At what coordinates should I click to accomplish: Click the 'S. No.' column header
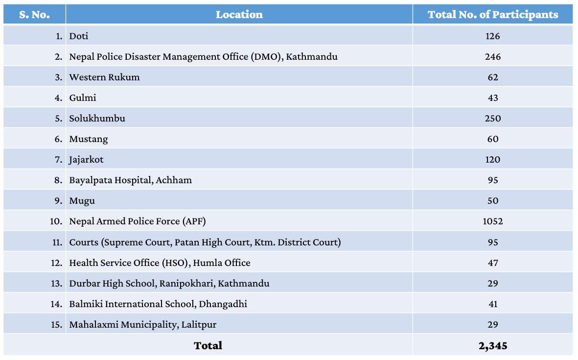tap(34, 15)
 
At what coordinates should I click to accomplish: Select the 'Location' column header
tap(239, 15)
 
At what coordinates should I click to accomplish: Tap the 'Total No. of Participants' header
tap(492, 15)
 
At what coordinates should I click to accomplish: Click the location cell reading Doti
tap(79, 36)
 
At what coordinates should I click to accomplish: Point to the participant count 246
tap(492, 56)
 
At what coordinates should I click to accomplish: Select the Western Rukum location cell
tap(104, 77)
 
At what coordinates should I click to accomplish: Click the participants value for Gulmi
tap(492, 97)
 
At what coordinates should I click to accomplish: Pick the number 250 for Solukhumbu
tap(492, 118)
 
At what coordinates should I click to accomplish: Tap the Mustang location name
tap(89, 139)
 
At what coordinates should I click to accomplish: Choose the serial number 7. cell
tap(58, 159)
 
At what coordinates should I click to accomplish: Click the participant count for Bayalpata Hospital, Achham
tap(492, 180)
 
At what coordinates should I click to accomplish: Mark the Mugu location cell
tap(82, 200)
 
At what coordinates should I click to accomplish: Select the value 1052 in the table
tap(492, 221)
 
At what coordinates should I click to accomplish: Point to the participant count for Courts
tap(492, 242)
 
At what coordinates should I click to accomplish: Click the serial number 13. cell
tap(56, 283)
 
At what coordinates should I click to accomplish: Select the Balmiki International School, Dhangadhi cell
tap(158, 304)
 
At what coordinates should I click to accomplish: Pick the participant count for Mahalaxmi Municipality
tap(492, 324)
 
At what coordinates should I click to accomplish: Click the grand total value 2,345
tap(492, 345)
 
